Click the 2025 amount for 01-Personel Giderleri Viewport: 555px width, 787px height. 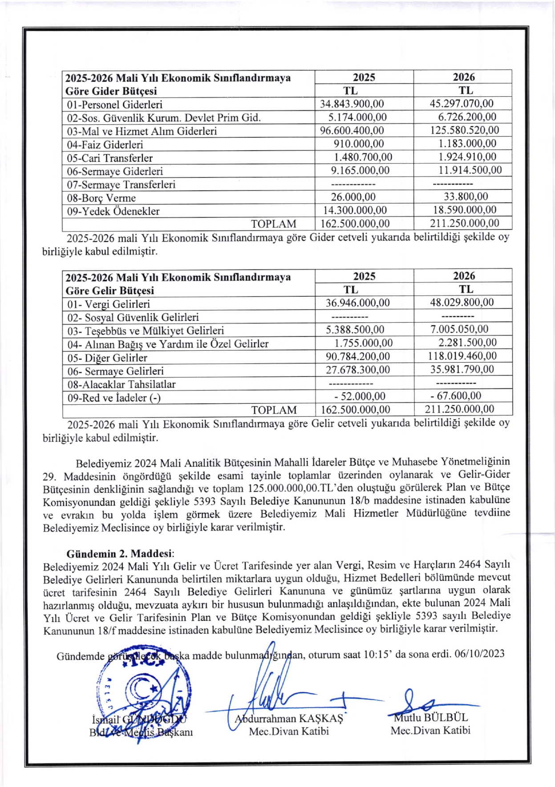(352, 104)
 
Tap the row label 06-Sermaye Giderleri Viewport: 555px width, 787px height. (115, 171)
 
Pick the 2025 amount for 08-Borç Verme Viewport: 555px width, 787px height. (353, 197)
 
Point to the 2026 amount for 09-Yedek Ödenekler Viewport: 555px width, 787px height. (465, 210)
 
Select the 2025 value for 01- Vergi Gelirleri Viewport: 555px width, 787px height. (357, 303)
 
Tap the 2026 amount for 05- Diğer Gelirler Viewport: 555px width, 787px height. (462, 356)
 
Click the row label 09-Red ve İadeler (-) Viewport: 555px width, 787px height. (114, 398)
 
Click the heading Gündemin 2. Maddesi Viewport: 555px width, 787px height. (120, 553)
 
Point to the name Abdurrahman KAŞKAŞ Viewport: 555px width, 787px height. (289, 718)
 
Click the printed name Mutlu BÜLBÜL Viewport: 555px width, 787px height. (430, 717)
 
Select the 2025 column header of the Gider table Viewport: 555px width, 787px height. (364, 77)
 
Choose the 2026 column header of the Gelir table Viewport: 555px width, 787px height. (463, 276)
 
